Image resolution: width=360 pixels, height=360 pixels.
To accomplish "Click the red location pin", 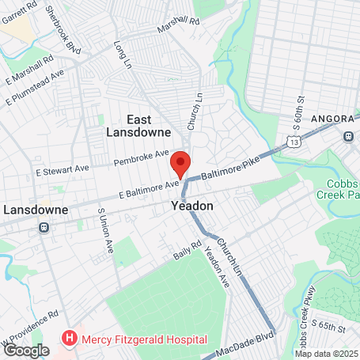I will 180,163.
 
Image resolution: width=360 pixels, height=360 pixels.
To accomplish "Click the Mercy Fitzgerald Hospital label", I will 142,339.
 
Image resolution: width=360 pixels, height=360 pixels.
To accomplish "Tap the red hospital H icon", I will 70,339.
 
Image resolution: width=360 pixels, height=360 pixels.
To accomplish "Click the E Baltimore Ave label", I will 150,188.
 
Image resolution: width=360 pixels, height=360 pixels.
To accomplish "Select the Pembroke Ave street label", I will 142,155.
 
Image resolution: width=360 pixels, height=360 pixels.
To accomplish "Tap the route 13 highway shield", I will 294,142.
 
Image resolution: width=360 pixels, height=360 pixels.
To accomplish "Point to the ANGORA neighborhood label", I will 332,119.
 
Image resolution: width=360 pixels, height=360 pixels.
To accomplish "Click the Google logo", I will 26,349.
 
